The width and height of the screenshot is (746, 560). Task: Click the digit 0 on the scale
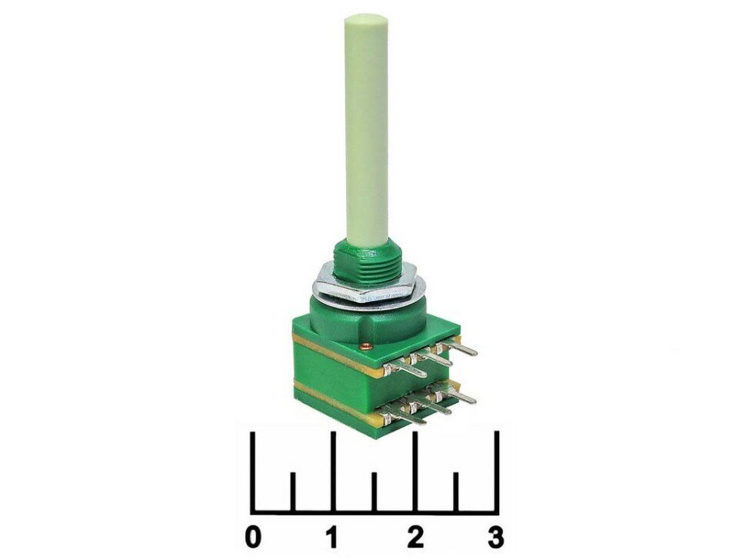point(254,537)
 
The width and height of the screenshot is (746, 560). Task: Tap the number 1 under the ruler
point(331,537)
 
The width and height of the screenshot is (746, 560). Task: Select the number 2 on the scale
point(416,537)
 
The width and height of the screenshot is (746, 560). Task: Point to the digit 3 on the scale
point(496,537)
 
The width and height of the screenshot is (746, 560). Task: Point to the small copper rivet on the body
point(365,345)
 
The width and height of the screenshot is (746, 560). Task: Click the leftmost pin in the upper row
point(408,369)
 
